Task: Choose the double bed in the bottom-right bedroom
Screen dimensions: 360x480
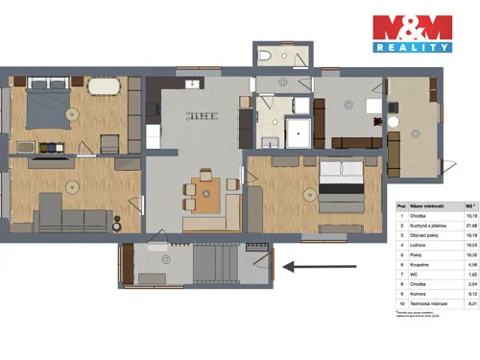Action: tap(341, 185)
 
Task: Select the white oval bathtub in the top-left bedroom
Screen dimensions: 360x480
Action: tap(105, 84)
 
